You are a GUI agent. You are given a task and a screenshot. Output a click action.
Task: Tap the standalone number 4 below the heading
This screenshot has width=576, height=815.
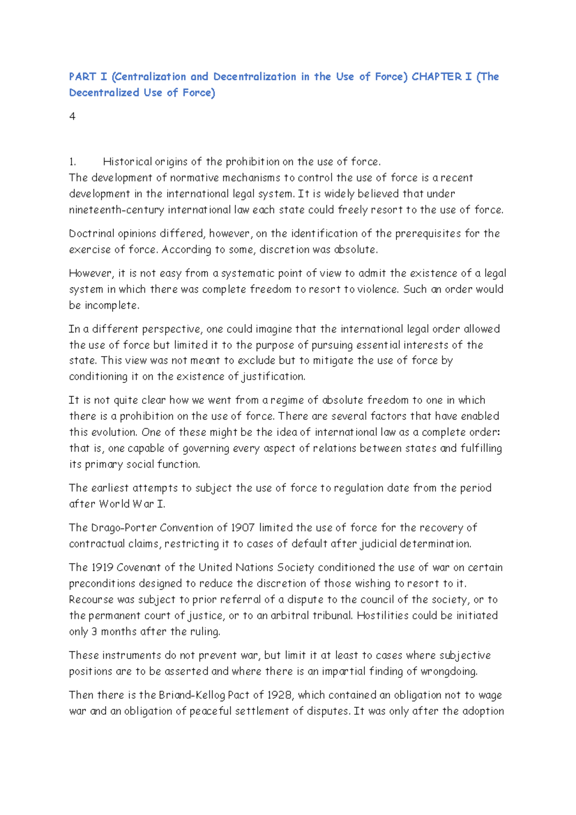point(72,117)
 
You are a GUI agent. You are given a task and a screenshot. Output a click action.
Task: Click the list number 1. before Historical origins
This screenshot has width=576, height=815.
point(72,162)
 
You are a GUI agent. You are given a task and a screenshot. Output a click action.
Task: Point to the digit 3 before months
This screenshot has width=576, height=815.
point(95,632)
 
